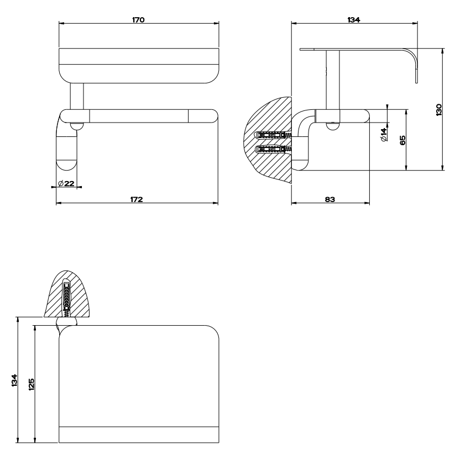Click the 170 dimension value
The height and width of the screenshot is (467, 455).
click(138, 20)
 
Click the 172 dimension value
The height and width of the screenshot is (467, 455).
click(137, 199)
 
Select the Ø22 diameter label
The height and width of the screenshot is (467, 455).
click(66, 183)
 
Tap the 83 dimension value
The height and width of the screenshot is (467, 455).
click(330, 199)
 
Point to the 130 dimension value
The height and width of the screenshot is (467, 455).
click(438, 110)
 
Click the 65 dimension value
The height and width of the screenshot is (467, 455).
click(402, 140)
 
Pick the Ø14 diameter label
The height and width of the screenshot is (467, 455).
click(384, 134)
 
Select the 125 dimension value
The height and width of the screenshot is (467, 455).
click(32, 384)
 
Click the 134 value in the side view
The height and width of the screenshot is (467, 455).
click(354, 20)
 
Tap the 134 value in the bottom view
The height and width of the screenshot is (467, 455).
click(14, 380)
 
